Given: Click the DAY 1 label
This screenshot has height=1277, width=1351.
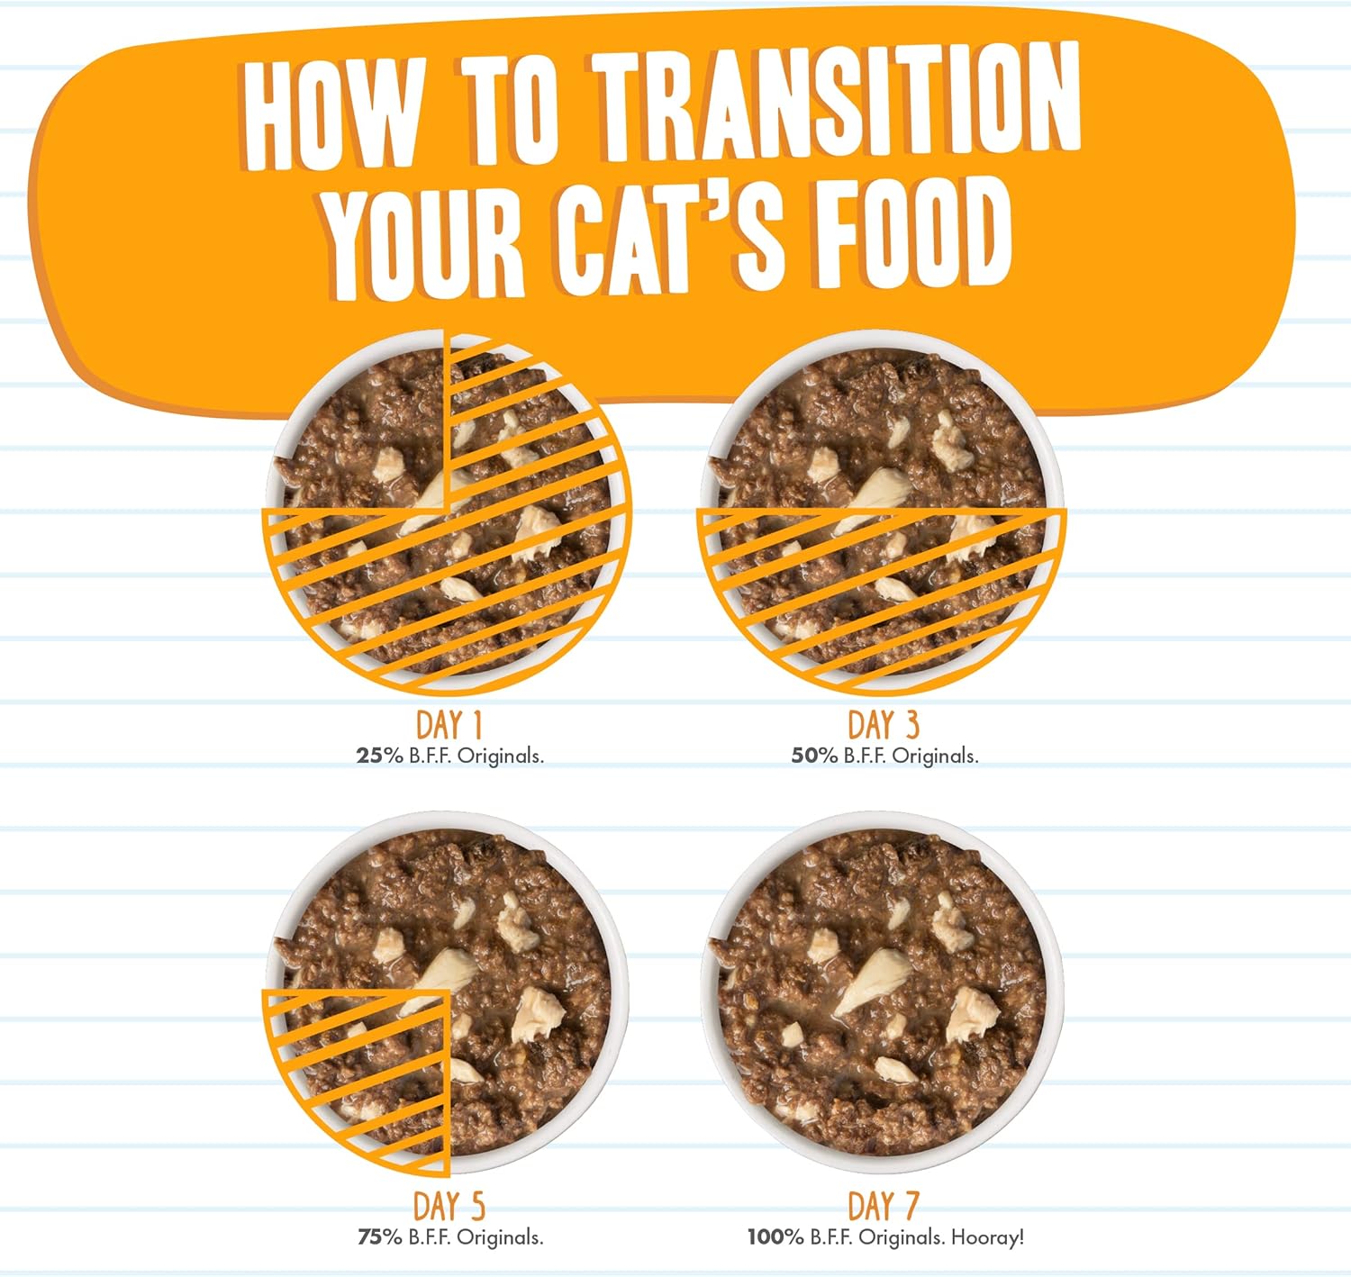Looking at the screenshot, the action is pyautogui.click(x=449, y=725).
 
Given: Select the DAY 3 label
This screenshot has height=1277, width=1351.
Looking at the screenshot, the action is pyautogui.click(x=883, y=724).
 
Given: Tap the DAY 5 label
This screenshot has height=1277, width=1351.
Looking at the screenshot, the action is pyautogui.click(x=449, y=1206).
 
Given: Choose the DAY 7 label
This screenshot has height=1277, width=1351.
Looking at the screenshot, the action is pyautogui.click(x=883, y=1206).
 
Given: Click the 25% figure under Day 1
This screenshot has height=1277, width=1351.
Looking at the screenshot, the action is pyautogui.click(x=379, y=756).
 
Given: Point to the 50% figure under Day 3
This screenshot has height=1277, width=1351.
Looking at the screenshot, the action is pyautogui.click(x=814, y=756).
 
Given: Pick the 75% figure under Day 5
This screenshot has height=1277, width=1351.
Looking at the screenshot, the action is pyautogui.click(x=379, y=1237).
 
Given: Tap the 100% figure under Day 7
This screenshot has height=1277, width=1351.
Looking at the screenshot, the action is pyautogui.click(x=775, y=1237).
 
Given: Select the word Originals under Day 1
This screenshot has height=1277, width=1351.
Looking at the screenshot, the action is pyautogui.click(x=500, y=756).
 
